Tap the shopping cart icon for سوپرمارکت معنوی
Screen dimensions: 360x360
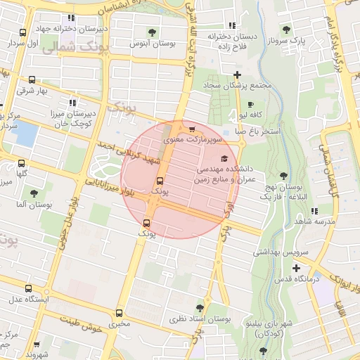click(x=191, y=129)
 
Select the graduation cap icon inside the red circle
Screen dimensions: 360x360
click(x=224, y=158)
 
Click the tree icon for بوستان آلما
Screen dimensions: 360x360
click(x=33, y=193)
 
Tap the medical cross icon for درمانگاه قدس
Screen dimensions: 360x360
click(x=297, y=268)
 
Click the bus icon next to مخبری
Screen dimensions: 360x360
click(x=118, y=313)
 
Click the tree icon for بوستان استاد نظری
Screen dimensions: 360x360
click(x=200, y=307)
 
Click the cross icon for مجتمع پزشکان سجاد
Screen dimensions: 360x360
click(x=238, y=75)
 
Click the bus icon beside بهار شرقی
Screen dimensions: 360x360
click(x=30, y=80)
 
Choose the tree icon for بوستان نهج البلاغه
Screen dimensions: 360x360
click(x=283, y=176)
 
